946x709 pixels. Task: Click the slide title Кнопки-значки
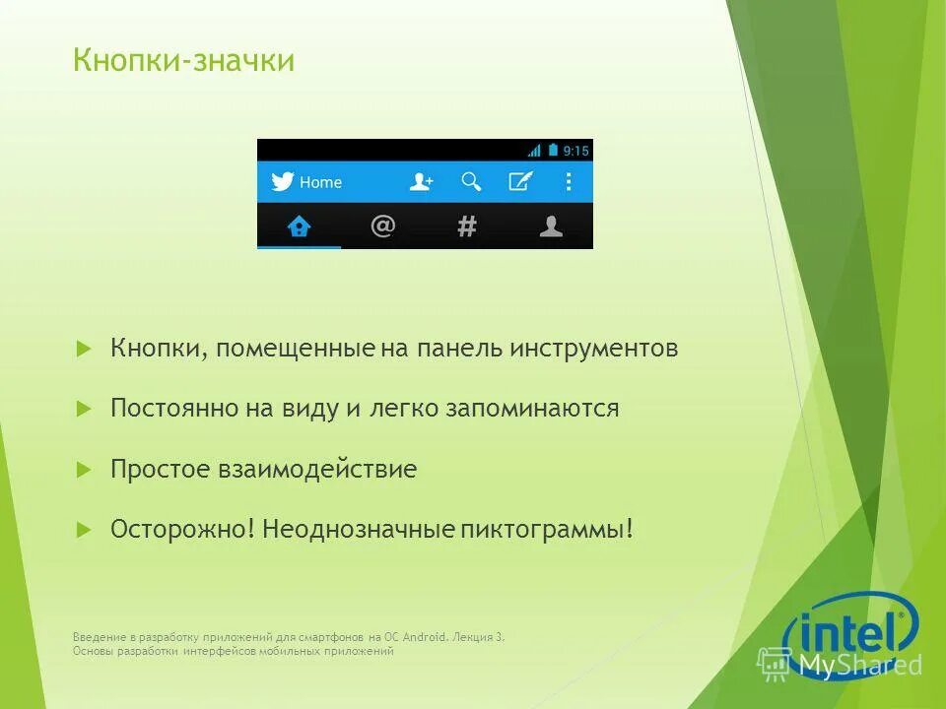(183, 61)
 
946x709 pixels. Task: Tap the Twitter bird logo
(283, 182)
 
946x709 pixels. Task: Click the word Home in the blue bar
(320, 182)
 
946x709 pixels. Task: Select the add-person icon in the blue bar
(422, 182)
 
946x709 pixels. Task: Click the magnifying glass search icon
(472, 181)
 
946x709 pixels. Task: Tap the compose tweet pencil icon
(520, 181)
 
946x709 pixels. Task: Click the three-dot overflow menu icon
(569, 181)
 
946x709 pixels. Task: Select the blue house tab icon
(299, 226)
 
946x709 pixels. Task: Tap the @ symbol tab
(382, 226)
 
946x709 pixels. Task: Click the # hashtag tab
(467, 226)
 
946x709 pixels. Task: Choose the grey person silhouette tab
(551, 226)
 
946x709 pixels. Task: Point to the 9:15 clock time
(575, 151)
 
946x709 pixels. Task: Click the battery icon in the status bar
(553, 150)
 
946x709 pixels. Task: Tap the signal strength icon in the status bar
(534, 151)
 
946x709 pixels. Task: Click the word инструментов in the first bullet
(594, 349)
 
